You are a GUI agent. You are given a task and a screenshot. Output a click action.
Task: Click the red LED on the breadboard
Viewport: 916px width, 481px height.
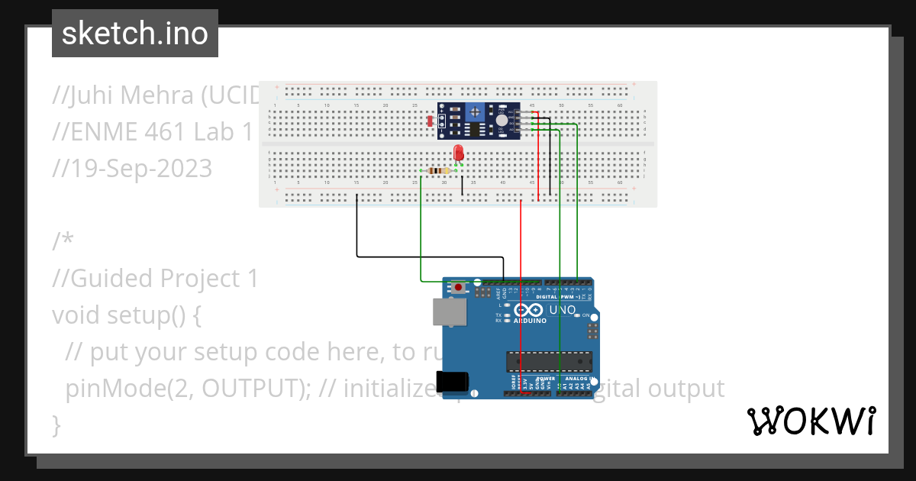(x=459, y=152)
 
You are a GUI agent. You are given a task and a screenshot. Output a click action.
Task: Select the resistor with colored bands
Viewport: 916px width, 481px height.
(x=436, y=170)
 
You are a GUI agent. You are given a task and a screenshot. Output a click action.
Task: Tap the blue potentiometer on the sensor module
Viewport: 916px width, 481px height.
(x=475, y=111)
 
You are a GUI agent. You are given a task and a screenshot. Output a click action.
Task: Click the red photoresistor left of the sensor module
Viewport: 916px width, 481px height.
(x=431, y=121)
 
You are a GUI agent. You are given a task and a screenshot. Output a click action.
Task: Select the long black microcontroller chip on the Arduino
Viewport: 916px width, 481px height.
(x=549, y=361)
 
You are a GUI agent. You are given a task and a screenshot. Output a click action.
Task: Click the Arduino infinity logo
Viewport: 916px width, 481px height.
(x=529, y=310)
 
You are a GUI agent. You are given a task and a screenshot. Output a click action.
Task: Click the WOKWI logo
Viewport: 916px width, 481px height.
(x=811, y=421)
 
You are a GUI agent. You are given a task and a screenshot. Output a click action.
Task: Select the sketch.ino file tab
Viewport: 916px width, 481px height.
(x=135, y=34)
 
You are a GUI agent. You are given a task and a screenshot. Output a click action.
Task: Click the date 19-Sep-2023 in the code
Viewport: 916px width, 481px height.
(x=131, y=169)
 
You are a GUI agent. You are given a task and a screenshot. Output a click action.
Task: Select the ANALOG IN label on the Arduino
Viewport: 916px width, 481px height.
(x=576, y=378)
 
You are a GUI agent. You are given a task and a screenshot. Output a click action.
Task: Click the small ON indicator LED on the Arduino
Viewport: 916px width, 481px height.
(x=576, y=315)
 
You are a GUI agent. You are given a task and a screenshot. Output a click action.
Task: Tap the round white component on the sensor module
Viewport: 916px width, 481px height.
(x=502, y=121)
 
